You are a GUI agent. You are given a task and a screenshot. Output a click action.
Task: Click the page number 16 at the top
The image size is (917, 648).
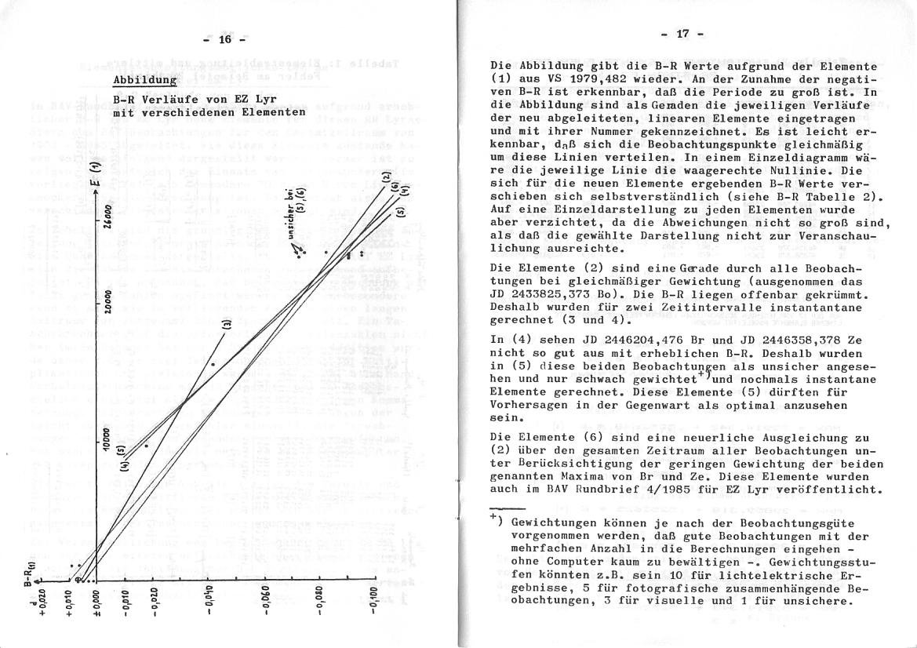[226, 40]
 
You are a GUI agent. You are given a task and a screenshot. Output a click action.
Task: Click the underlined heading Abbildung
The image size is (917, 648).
[144, 81]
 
